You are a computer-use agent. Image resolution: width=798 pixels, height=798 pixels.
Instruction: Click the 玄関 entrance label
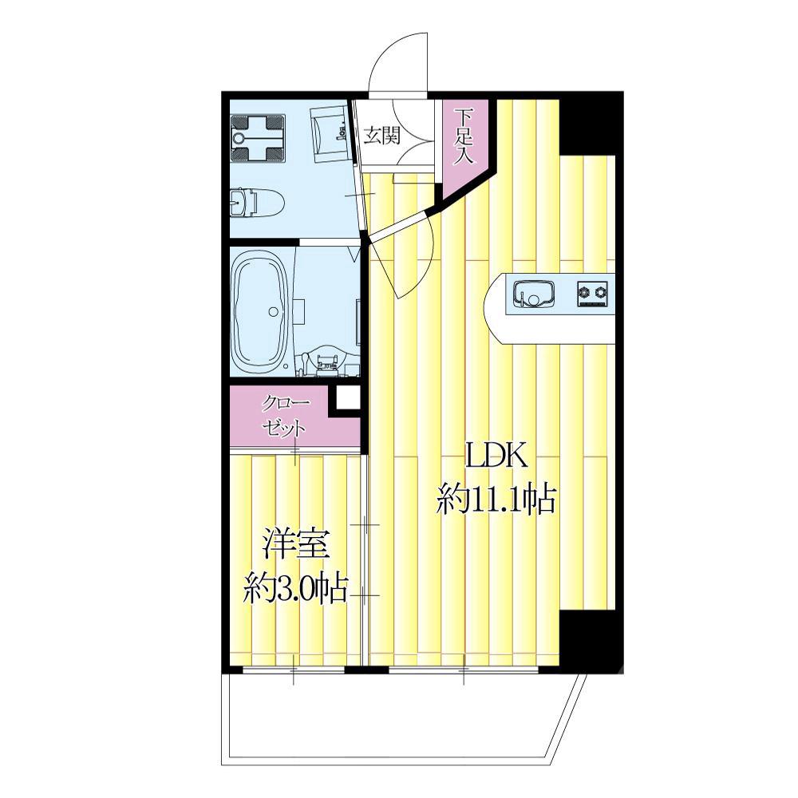point(381,136)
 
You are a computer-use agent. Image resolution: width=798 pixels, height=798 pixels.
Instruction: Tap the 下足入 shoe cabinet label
point(464,136)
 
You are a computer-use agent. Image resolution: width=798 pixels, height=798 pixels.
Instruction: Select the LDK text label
point(496,457)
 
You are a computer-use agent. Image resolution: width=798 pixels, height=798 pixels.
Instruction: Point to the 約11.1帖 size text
point(496,499)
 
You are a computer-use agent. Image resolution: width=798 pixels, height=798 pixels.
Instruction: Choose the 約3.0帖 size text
point(295,589)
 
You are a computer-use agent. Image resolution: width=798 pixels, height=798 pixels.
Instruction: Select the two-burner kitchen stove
point(592,293)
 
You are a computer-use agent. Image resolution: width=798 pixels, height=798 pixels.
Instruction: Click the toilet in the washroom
point(256,203)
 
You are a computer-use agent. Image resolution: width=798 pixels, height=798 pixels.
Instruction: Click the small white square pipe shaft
point(349,397)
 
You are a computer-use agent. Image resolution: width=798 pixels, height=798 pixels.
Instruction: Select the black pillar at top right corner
point(591,123)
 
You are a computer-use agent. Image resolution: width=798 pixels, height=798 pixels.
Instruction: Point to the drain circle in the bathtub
point(274,311)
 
